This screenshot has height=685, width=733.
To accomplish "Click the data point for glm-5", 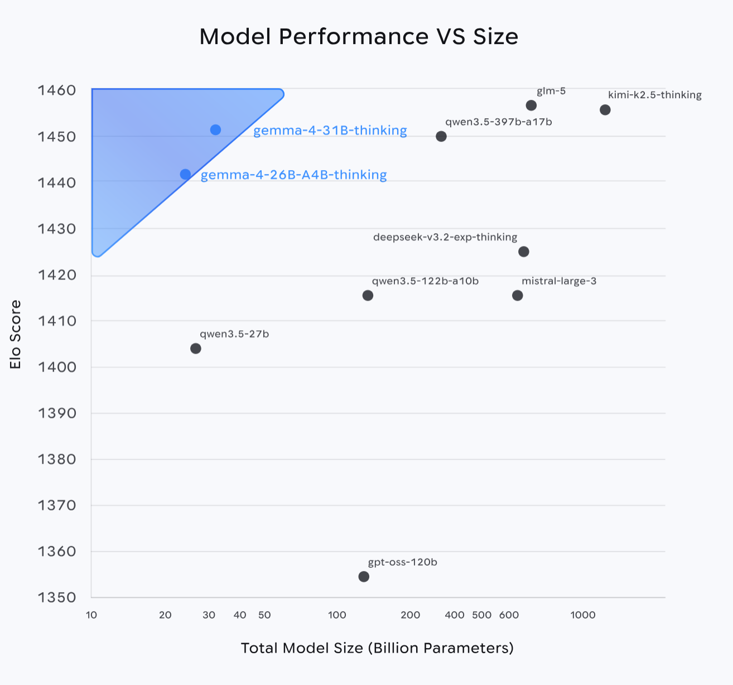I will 531,105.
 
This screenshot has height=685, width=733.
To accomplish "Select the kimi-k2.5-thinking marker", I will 605,110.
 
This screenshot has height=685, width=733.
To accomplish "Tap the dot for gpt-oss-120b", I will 364,576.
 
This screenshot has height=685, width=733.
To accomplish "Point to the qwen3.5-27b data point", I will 196,349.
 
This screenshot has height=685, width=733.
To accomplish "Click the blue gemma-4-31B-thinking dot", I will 216,130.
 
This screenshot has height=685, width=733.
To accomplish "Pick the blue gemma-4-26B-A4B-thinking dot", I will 186,175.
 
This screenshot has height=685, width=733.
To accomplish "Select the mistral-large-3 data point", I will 518,295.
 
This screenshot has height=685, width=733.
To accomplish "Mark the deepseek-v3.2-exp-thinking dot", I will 524,252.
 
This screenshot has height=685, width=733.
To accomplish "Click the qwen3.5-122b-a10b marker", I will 368,295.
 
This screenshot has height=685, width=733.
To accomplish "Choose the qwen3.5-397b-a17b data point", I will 441,136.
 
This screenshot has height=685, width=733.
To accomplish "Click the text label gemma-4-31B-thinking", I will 330,131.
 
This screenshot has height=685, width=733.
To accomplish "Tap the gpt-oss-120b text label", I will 403,562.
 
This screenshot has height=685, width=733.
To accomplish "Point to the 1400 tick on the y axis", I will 57,367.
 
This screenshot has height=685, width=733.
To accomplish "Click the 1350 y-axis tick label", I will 57,597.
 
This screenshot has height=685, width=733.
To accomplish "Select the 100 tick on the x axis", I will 337,615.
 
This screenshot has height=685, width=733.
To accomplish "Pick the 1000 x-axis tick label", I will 583,615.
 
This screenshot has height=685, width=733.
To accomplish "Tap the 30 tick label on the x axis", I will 209,615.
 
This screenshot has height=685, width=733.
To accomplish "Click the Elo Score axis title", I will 16,334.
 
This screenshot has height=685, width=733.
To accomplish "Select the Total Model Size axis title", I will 377,648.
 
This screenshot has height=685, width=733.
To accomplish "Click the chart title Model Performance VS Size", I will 359,37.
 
